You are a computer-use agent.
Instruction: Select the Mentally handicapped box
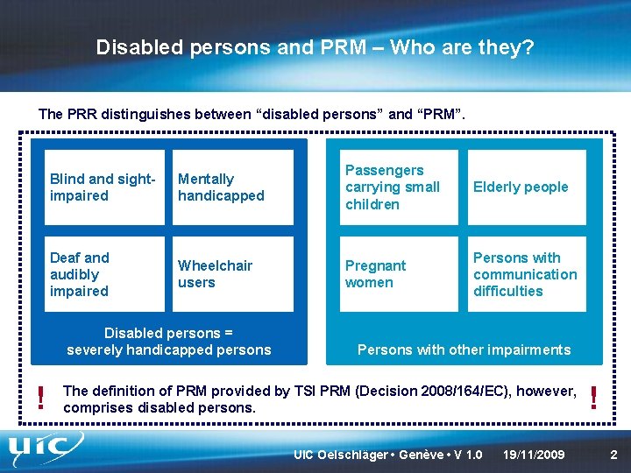230,187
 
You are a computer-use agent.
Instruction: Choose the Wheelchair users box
230,274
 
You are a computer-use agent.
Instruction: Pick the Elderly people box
523,187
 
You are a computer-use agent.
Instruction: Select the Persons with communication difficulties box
523,274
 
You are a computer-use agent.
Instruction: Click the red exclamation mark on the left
39,399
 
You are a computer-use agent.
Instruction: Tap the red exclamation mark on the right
596,399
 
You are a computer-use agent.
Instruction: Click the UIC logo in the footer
48,449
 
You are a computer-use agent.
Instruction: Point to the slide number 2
613,455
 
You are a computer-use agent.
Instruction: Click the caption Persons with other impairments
464,349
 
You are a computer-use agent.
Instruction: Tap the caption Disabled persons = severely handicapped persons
169,342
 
